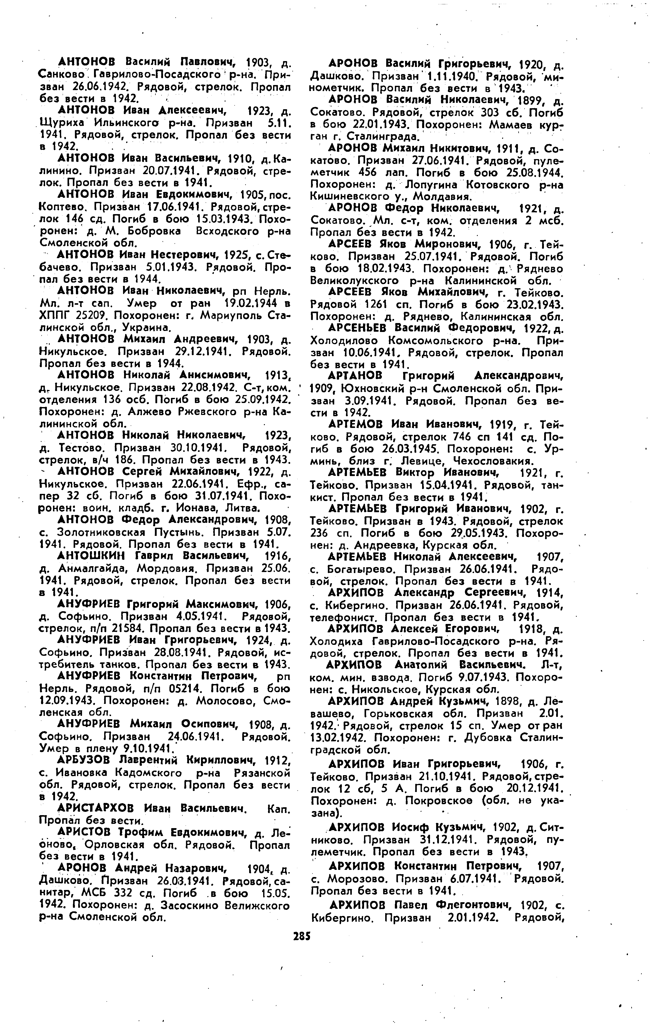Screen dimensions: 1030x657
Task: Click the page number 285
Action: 301,936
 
